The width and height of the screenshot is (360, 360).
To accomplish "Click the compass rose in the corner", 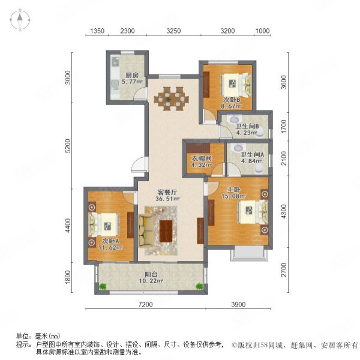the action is click(20, 20).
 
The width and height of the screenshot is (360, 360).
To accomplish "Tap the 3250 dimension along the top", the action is click(173, 31).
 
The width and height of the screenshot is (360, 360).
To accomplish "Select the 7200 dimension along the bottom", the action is click(146, 304).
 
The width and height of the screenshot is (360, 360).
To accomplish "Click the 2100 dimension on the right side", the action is click(284, 158).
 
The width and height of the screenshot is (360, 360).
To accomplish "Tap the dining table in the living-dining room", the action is click(172, 99).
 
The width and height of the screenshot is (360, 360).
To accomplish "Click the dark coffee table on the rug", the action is click(166, 231).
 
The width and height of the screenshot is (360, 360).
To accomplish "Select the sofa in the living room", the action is click(146, 231).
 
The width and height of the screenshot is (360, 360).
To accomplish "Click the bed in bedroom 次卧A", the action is click(104, 224).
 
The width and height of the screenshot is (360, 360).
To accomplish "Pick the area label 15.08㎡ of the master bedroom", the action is click(234, 196).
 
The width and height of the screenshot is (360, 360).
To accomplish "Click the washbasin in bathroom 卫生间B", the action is click(235, 119).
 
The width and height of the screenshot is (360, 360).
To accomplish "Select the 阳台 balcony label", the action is click(151, 274).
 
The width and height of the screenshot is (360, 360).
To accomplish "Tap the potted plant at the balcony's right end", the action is click(199, 286).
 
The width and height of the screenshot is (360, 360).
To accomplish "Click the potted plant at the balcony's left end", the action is click(103, 286).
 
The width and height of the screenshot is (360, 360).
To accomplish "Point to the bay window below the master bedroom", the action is click(250, 253).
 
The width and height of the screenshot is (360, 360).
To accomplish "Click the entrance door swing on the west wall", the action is click(139, 164).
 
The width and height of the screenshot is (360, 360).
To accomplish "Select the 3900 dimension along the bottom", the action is click(238, 304).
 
